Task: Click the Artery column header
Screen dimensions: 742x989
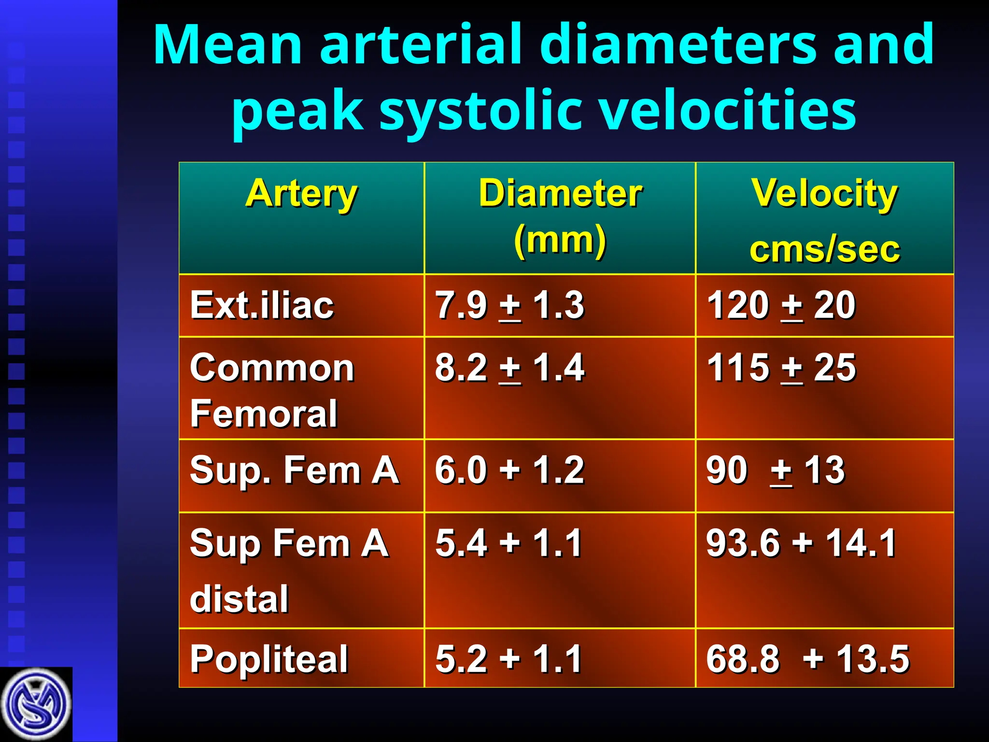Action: [301, 194]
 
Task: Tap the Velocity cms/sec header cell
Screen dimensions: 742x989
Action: [825, 220]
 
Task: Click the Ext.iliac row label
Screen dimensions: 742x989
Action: [262, 305]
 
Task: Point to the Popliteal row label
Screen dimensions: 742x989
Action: [269, 659]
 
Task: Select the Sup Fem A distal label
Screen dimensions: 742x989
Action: [289, 570]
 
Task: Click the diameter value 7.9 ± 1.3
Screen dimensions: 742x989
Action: [509, 305]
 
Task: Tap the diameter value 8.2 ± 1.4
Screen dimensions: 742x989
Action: [509, 368]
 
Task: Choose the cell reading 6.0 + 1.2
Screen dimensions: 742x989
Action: [509, 470]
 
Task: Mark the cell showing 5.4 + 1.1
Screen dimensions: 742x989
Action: [509, 543]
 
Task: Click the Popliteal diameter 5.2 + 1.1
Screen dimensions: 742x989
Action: [509, 659]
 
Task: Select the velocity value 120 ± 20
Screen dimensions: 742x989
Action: [781, 305]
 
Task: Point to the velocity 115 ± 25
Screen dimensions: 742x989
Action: [781, 368]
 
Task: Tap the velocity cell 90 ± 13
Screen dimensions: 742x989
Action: [775, 470]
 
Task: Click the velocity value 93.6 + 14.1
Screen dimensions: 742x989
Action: [801, 543]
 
